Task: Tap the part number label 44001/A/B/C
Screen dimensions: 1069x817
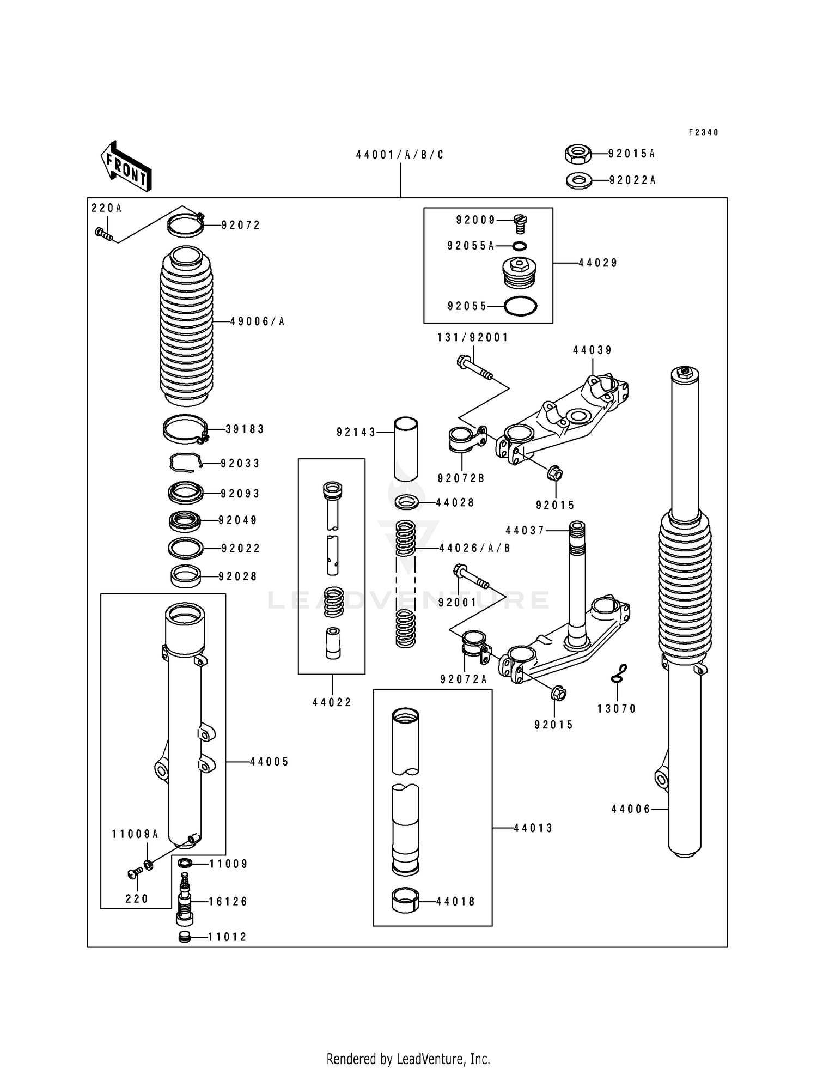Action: [x=400, y=155]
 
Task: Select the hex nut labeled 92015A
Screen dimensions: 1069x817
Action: [x=578, y=154]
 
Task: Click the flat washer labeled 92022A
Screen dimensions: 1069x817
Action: [x=579, y=180]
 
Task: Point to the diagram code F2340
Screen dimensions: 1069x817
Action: [x=703, y=132]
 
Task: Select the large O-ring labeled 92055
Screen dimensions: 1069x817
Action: [x=520, y=306]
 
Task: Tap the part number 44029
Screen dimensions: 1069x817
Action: [x=597, y=263]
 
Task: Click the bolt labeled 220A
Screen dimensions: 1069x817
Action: [x=103, y=234]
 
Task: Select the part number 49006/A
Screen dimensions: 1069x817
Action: [x=257, y=322]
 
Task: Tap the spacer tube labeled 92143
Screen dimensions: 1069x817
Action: [x=406, y=449]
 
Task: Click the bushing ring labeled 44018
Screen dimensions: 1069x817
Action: [x=406, y=901]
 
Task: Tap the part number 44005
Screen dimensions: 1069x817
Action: [x=269, y=762]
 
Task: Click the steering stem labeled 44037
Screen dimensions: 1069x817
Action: [x=577, y=578]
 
